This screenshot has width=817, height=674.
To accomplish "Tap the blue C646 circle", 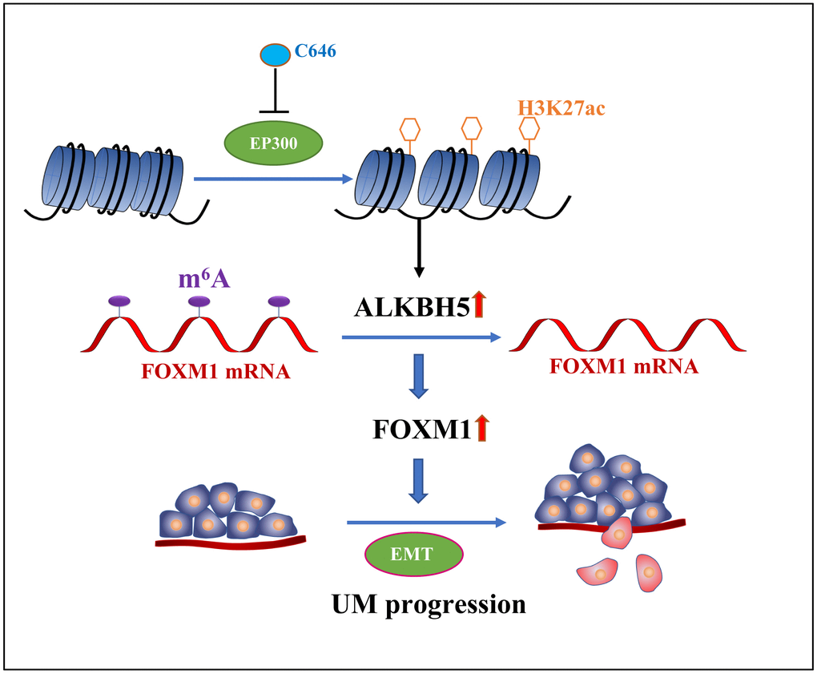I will pyautogui.click(x=276, y=56).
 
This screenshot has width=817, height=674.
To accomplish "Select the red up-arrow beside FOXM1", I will pyautogui.click(x=481, y=430).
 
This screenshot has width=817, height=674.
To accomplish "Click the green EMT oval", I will pyautogui.click(x=413, y=553).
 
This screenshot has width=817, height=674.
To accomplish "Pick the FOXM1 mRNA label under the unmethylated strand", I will pyautogui.click(x=623, y=366).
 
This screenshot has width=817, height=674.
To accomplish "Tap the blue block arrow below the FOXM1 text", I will pyautogui.click(x=418, y=480).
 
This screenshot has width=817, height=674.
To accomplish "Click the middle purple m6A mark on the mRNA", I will pyautogui.click(x=199, y=302).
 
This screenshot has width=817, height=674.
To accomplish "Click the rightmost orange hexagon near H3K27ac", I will pyautogui.click(x=529, y=127).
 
